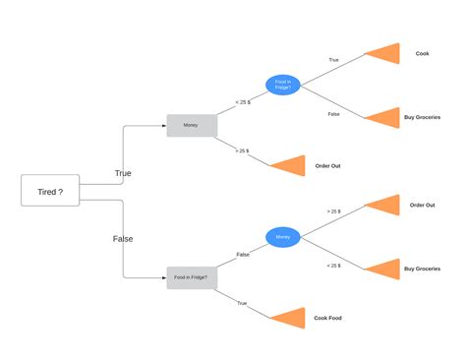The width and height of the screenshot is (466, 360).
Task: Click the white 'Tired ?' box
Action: [50, 191]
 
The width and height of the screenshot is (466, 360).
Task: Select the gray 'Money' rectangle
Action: [191, 126]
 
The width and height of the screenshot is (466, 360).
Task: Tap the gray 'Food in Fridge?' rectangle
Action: [191, 277]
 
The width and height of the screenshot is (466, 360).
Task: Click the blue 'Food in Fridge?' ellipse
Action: [283, 86]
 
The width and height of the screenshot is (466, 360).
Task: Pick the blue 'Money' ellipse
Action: [283, 237]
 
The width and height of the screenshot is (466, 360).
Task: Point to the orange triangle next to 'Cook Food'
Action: [290, 318]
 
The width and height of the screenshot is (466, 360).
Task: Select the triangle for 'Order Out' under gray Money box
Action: [290, 165]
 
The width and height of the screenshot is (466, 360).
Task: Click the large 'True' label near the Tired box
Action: [123, 173]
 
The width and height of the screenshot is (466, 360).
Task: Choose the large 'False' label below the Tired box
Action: [123, 238]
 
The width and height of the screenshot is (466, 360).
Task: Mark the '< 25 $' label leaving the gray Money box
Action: [243, 101]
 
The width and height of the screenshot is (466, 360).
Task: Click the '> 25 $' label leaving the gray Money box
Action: [242, 150]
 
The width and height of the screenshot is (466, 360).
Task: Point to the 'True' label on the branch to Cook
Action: [333, 60]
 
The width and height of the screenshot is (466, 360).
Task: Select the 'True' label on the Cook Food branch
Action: [242, 303]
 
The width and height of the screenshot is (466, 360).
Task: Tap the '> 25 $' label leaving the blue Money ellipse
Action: [333, 211]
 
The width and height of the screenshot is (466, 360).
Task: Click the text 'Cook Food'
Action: [327, 318]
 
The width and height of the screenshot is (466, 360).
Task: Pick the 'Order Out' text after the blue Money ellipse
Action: [422, 206]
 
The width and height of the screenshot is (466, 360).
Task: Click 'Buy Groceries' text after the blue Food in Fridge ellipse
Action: [422, 117]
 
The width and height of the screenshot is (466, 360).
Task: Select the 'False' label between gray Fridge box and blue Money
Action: [243, 254]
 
